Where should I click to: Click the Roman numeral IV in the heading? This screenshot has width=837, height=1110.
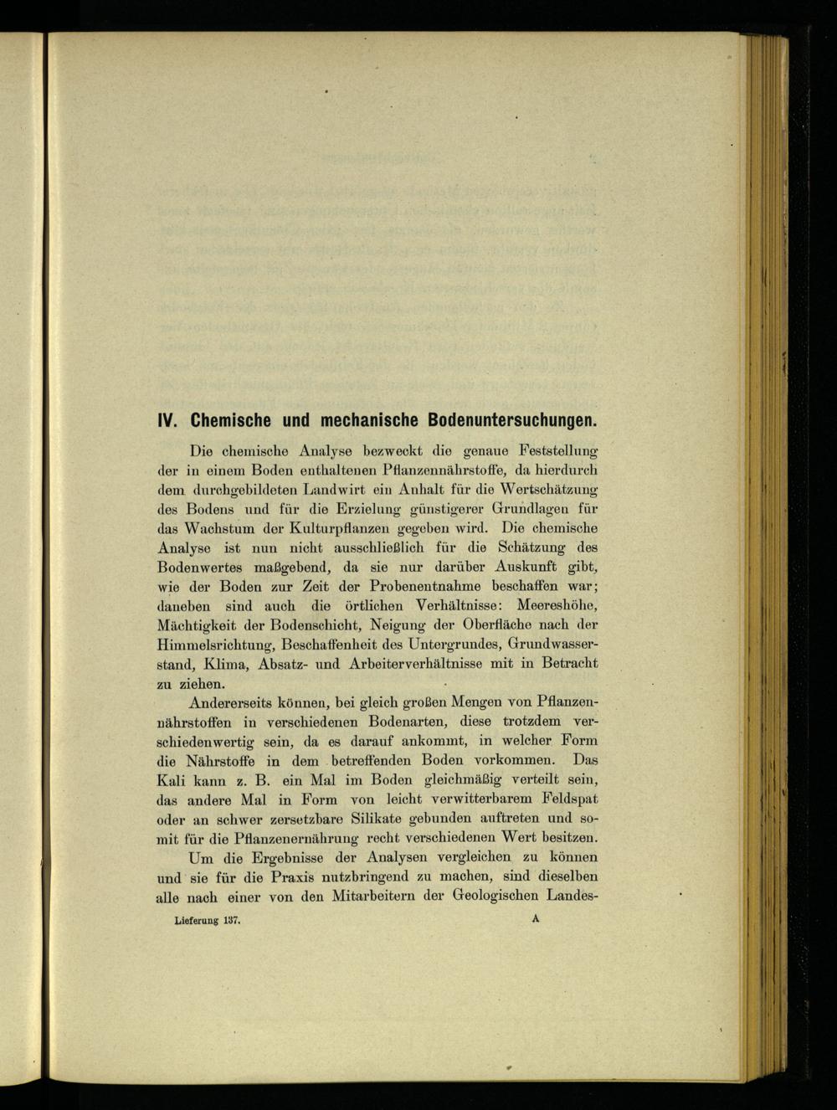click(171, 418)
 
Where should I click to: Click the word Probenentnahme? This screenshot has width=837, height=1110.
click(420, 586)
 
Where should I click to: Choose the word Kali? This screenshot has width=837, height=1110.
click(171, 780)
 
